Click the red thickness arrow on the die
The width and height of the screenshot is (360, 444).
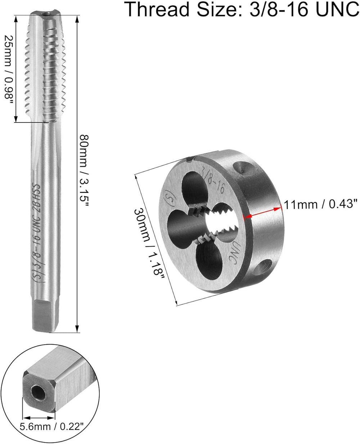[x=263, y=212]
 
